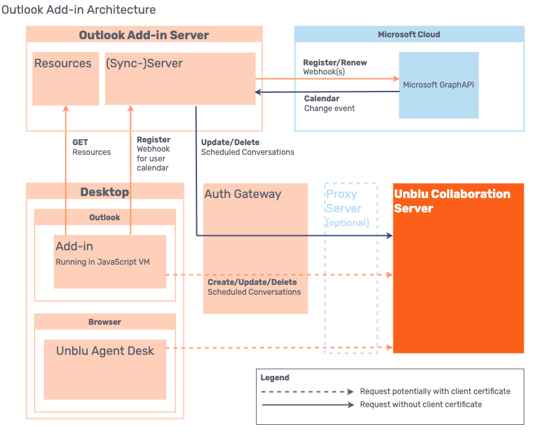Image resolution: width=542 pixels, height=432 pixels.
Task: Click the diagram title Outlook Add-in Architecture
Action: pos(79,10)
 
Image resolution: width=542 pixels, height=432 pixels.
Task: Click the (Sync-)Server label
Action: pos(144,63)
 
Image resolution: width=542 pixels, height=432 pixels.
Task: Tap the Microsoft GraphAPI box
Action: pos(439,85)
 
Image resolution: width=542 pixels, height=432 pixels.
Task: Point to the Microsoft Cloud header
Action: pos(409,35)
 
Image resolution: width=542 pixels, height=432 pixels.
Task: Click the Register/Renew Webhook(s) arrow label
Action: pos(334,67)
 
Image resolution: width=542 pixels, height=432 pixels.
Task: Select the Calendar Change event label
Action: pos(329,103)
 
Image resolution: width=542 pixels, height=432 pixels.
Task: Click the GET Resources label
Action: pos(91,147)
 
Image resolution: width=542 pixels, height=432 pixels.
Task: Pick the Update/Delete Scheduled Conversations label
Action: pos(247,147)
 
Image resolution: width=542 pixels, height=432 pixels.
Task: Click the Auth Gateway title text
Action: pos(243,194)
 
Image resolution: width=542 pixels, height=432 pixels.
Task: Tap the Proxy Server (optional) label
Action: pos(346,208)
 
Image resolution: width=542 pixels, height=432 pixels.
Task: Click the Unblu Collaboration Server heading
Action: pos(452,201)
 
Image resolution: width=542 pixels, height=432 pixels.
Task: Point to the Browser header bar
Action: pos(105,322)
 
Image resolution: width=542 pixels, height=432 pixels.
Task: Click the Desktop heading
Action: pos(105,192)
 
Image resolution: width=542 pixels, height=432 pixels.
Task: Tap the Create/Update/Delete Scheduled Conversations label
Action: pos(254,287)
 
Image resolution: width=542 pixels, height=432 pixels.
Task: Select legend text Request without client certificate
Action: pos(421,405)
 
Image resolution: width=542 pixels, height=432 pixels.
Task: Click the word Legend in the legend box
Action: pos(275,378)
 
